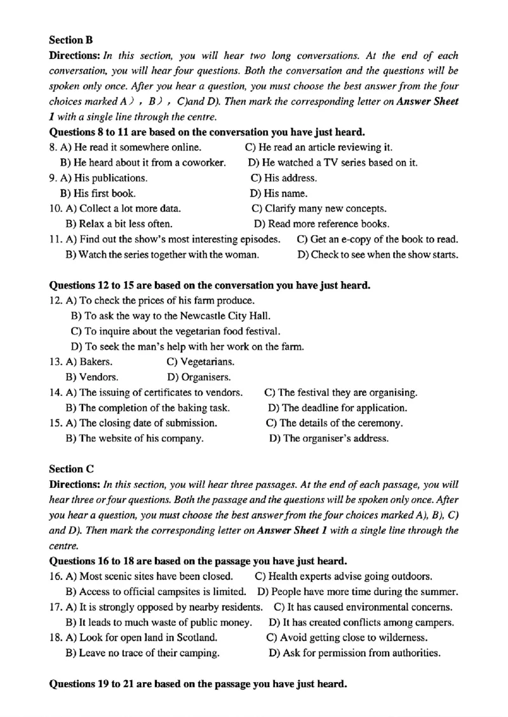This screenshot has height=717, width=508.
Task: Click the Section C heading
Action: (71, 470)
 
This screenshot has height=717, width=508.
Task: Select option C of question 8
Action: (314, 148)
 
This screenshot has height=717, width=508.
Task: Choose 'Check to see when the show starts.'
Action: (378, 255)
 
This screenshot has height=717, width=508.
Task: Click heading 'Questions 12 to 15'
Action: (210, 286)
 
